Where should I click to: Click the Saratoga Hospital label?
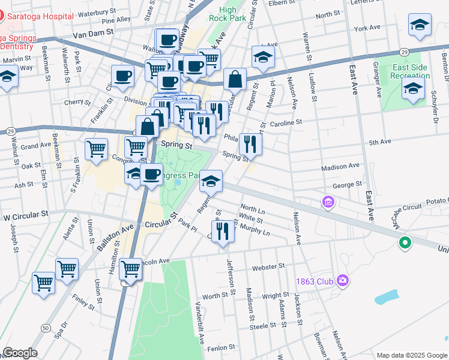pyautogui.click(x=32, y=18)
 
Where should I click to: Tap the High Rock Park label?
pyautogui.click(x=228, y=13)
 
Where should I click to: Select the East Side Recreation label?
pyautogui.click(x=410, y=71)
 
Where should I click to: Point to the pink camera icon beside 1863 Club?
pyautogui.click(x=343, y=280)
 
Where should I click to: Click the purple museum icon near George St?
pyautogui.click(x=328, y=203)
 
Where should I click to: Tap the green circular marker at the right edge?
pyautogui.click(x=405, y=243)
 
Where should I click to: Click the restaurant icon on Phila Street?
pyautogui.click(x=250, y=145)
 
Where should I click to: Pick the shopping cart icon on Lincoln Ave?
pyautogui.click(x=131, y=269)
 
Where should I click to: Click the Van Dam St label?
pyautogui.click(x=93, y=35)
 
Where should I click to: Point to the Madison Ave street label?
pyautogui.click(x=340, y=166)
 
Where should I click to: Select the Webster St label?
pyautogui.click(x=268, y=266)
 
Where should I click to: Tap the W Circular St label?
pyautogui.click(x=25, y=214)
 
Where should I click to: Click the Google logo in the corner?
pyautogui.click(x=20, y=353)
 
